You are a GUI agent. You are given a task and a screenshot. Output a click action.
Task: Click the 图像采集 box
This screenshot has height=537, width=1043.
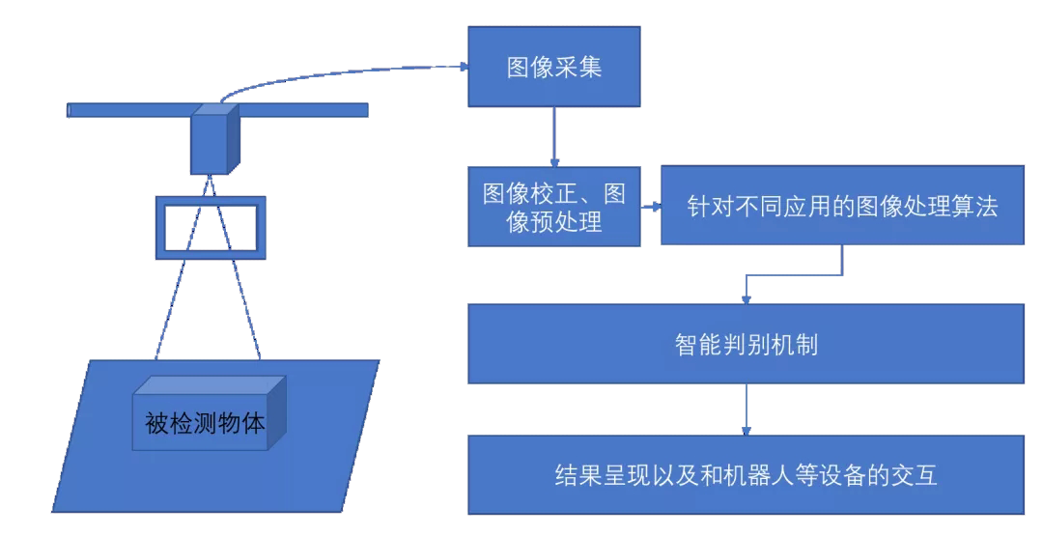pos(554,67)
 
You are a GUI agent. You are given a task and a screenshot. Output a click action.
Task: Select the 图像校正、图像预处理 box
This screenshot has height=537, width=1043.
pos(554,207)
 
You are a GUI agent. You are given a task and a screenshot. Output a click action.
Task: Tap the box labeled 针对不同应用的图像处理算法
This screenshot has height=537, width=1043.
pos(841,207)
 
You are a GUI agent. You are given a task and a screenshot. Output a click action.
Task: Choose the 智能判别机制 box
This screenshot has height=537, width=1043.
pos(747,344)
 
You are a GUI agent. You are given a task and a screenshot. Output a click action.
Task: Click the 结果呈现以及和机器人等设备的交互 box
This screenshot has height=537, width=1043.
pos(747,474)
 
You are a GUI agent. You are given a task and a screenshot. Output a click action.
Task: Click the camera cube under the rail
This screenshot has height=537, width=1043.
pos(211,139)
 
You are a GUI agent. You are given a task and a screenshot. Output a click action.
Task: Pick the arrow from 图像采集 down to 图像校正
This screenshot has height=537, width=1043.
pos(554,135)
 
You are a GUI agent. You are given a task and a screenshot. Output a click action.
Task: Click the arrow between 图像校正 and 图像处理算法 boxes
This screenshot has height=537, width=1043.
pos(652,207)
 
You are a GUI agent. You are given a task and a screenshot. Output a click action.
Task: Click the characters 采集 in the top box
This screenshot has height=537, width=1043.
pos(582,68)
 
